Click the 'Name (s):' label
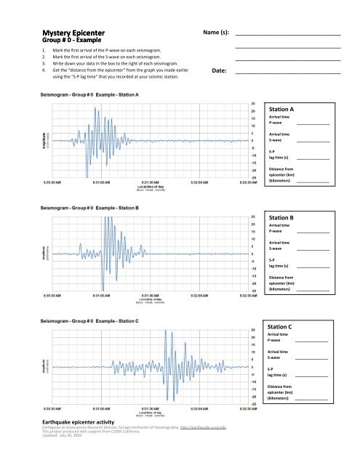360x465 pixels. (214, 33)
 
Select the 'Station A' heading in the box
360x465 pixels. (281, 109)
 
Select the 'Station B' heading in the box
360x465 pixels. (281, 217)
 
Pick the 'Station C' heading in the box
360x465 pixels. (280, 327)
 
